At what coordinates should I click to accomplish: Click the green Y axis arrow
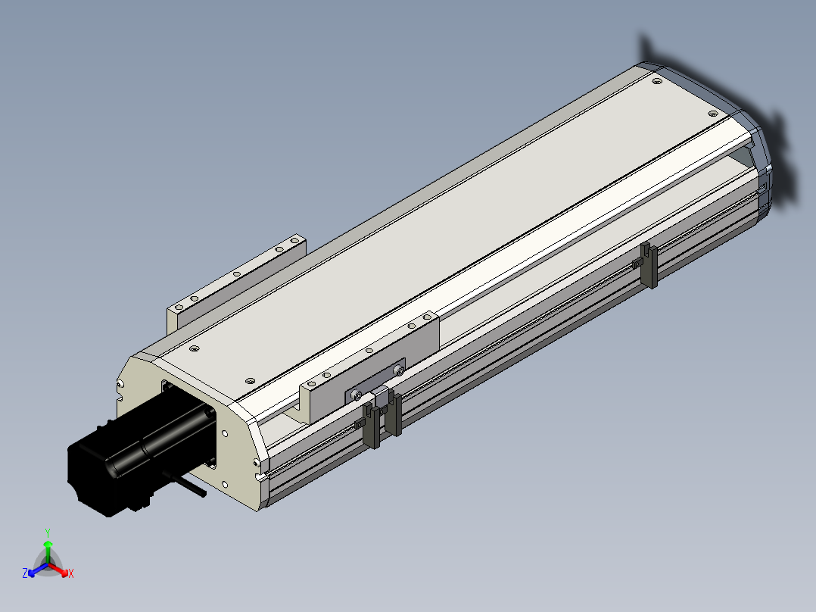(x=48, y=551)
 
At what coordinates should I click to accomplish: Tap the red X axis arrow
(x=58, y=570)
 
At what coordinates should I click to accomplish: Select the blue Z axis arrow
(x=38, y=570)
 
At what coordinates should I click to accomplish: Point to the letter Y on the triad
(x=48, y=533)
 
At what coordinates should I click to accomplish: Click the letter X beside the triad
(x=71, y=573)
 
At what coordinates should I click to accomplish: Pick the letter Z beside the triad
(x=25, y=573)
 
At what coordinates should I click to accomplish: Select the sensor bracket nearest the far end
(x=649, y=264)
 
